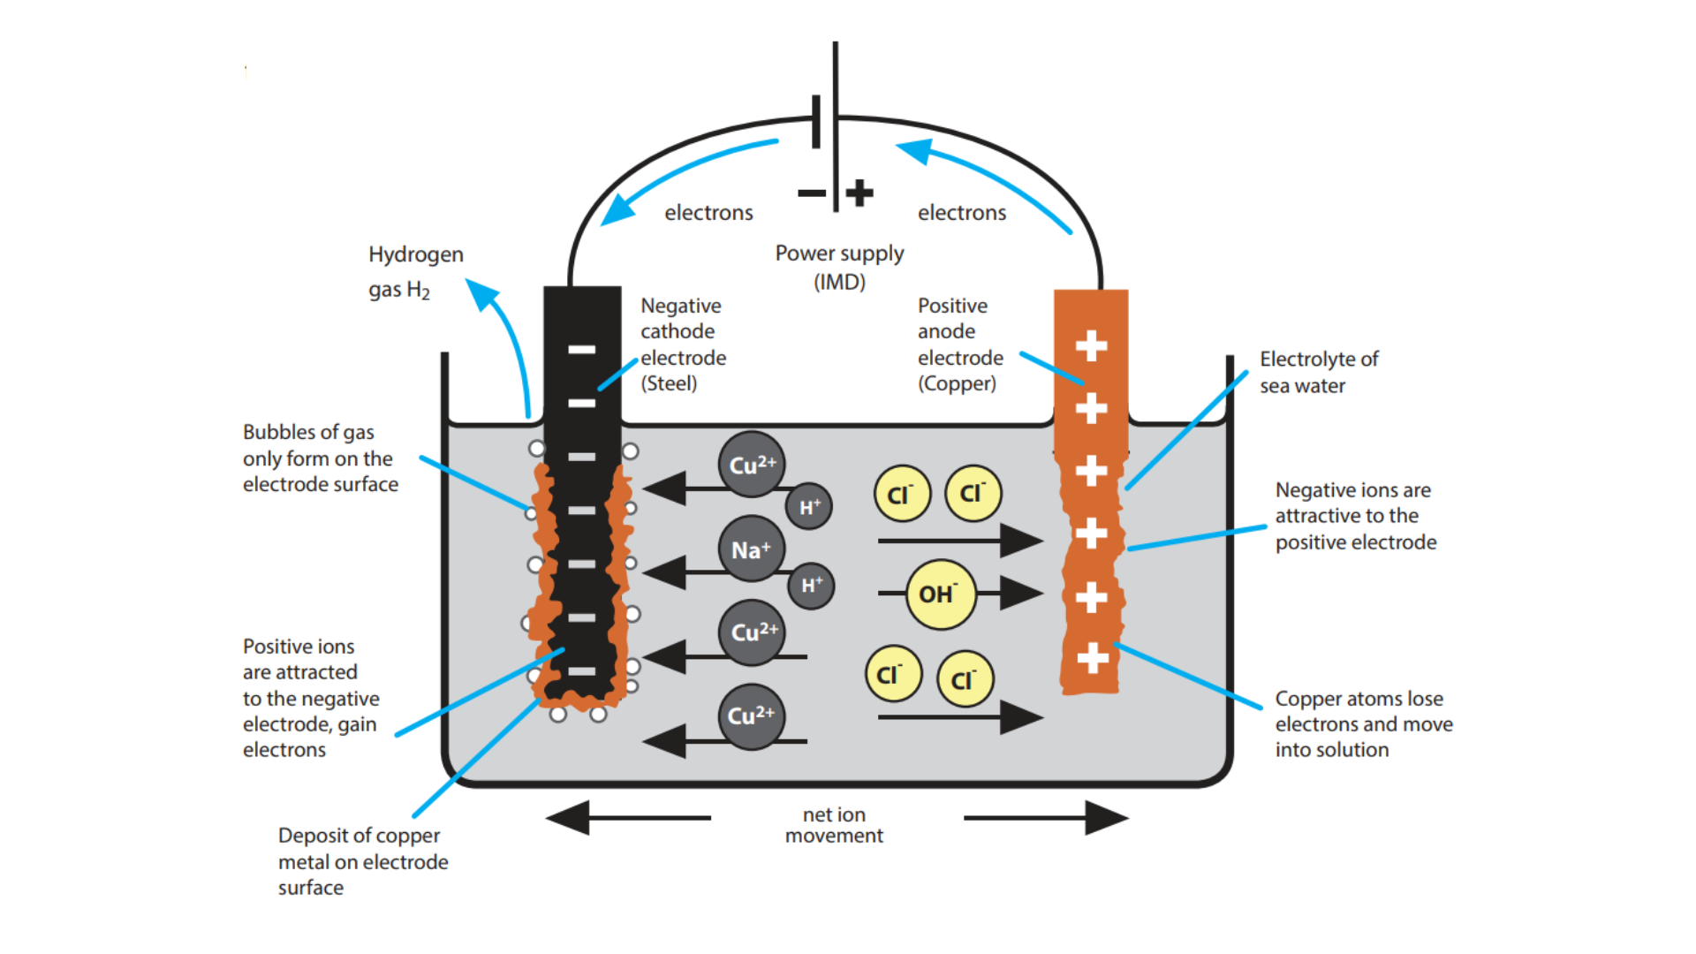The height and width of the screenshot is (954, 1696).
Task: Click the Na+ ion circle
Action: click(x=752, y=549)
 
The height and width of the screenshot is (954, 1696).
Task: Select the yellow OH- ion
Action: click(x=941, y=594)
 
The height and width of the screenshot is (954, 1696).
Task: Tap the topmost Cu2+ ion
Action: click(x=752, y=465)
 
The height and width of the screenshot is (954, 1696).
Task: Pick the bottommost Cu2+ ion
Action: click(x=752, y=716)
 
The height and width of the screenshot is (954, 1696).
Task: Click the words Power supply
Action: click(x=839, y=254)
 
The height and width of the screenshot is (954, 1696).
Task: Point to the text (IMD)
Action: click(x=839, y=283)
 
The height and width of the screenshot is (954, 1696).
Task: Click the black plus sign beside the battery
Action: click(x=859, y=193)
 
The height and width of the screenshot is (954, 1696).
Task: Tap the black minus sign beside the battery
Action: click(x=811, y=193)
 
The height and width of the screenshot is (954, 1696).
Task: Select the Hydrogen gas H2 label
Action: click(x=415, y=272)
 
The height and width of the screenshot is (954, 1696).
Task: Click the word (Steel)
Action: click(x=669, y=384)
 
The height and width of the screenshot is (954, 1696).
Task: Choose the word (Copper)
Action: click(x=957, y=384)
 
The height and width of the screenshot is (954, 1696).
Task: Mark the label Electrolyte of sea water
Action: click(x=1318, y=372)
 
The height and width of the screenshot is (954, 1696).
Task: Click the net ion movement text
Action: click(x=834, y=825)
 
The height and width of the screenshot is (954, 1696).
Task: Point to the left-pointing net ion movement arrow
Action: click(x=570, y=817)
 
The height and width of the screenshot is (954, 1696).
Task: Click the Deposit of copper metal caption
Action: click(x=362, y=861)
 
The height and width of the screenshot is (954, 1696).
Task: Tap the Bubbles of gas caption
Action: click(x=320, y=458)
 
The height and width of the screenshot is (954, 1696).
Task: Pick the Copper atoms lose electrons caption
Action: click(x=1363, y=724)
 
